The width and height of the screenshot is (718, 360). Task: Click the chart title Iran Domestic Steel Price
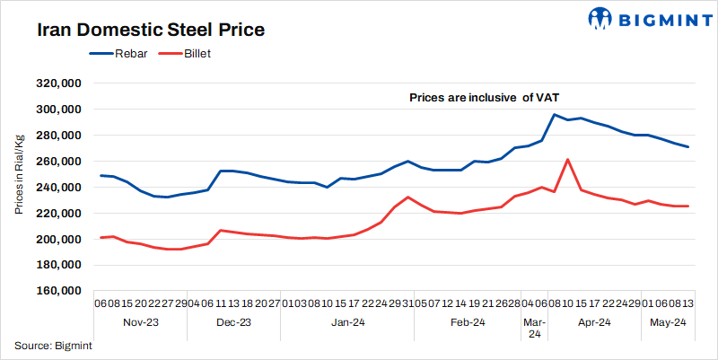tap(151, 30)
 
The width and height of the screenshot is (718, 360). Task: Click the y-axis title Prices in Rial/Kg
tap(19, 176)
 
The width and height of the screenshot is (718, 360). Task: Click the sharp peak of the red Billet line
tap(568, 159)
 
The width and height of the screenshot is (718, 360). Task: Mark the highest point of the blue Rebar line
tap(555, 115)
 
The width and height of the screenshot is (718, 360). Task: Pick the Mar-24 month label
tap(534, 328)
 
